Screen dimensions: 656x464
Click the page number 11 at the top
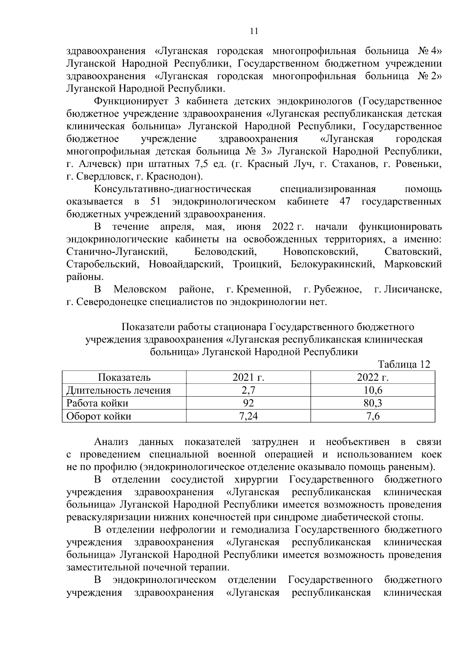point(254,31)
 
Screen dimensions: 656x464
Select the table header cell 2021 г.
point(248,377)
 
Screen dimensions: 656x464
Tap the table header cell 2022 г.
point(373,377)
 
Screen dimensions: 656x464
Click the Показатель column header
point(124,377)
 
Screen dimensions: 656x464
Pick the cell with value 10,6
point(373,390)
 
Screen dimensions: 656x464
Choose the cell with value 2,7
point(248,390)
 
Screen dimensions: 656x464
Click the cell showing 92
point(248,403)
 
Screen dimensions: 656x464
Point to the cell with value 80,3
point(373,403)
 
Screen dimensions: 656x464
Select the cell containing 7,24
point(248,416)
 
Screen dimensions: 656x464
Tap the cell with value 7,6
point(373,416)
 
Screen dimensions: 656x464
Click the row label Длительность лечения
point(119,390)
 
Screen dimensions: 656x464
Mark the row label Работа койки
point(97,403)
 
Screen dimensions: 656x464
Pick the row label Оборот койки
point(99,416)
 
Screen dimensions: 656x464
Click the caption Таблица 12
point(404,365)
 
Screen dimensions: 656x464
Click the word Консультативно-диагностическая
point(173,189)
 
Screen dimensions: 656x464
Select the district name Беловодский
point(225,252)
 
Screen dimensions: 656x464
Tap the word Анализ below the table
point(111,441)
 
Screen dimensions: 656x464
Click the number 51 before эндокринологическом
point(154,202)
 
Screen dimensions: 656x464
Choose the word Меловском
point(140,289)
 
